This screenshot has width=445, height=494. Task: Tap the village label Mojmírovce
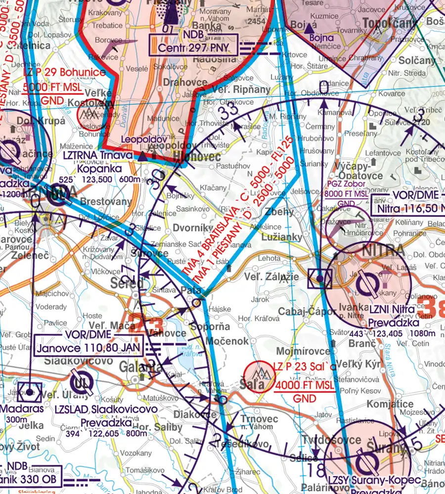[x=297, y=351]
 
